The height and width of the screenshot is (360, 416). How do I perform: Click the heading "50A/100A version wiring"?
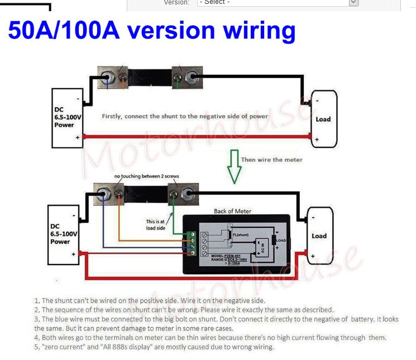(x=151, y=31)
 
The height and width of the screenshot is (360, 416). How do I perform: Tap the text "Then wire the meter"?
(x=271, y=160)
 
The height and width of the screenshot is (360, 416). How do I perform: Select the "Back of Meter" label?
(x=232, y=211)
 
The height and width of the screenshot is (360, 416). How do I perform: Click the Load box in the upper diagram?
(x=324, y=119)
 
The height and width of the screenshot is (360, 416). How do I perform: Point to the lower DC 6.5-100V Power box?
(x=63, y=233)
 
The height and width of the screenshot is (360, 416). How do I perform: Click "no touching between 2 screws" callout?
(x=147, y=176)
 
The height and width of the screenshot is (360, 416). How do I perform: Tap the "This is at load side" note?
(x=155, y=224)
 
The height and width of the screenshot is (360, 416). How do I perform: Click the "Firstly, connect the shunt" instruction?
(x=185, y=116)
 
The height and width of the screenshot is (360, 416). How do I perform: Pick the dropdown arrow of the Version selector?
(x=353, y=3)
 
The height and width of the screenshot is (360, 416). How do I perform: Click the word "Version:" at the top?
(x=177, y=3)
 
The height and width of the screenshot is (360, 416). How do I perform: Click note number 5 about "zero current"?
(x=154, y=347)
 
